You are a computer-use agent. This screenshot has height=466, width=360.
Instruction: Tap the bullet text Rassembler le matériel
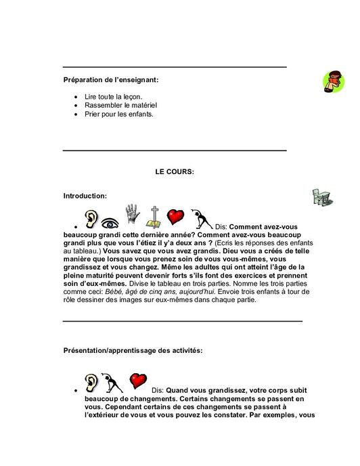[120, 106]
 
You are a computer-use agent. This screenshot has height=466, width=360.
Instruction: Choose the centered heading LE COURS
[175, 171]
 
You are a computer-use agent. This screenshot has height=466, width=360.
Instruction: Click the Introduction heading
[85, 196]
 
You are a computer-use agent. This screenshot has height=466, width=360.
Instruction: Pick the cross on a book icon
[154, 216]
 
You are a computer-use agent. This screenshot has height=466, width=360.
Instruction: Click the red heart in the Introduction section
[176, 217]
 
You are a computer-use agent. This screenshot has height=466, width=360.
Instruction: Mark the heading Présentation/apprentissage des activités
[132, 351]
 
